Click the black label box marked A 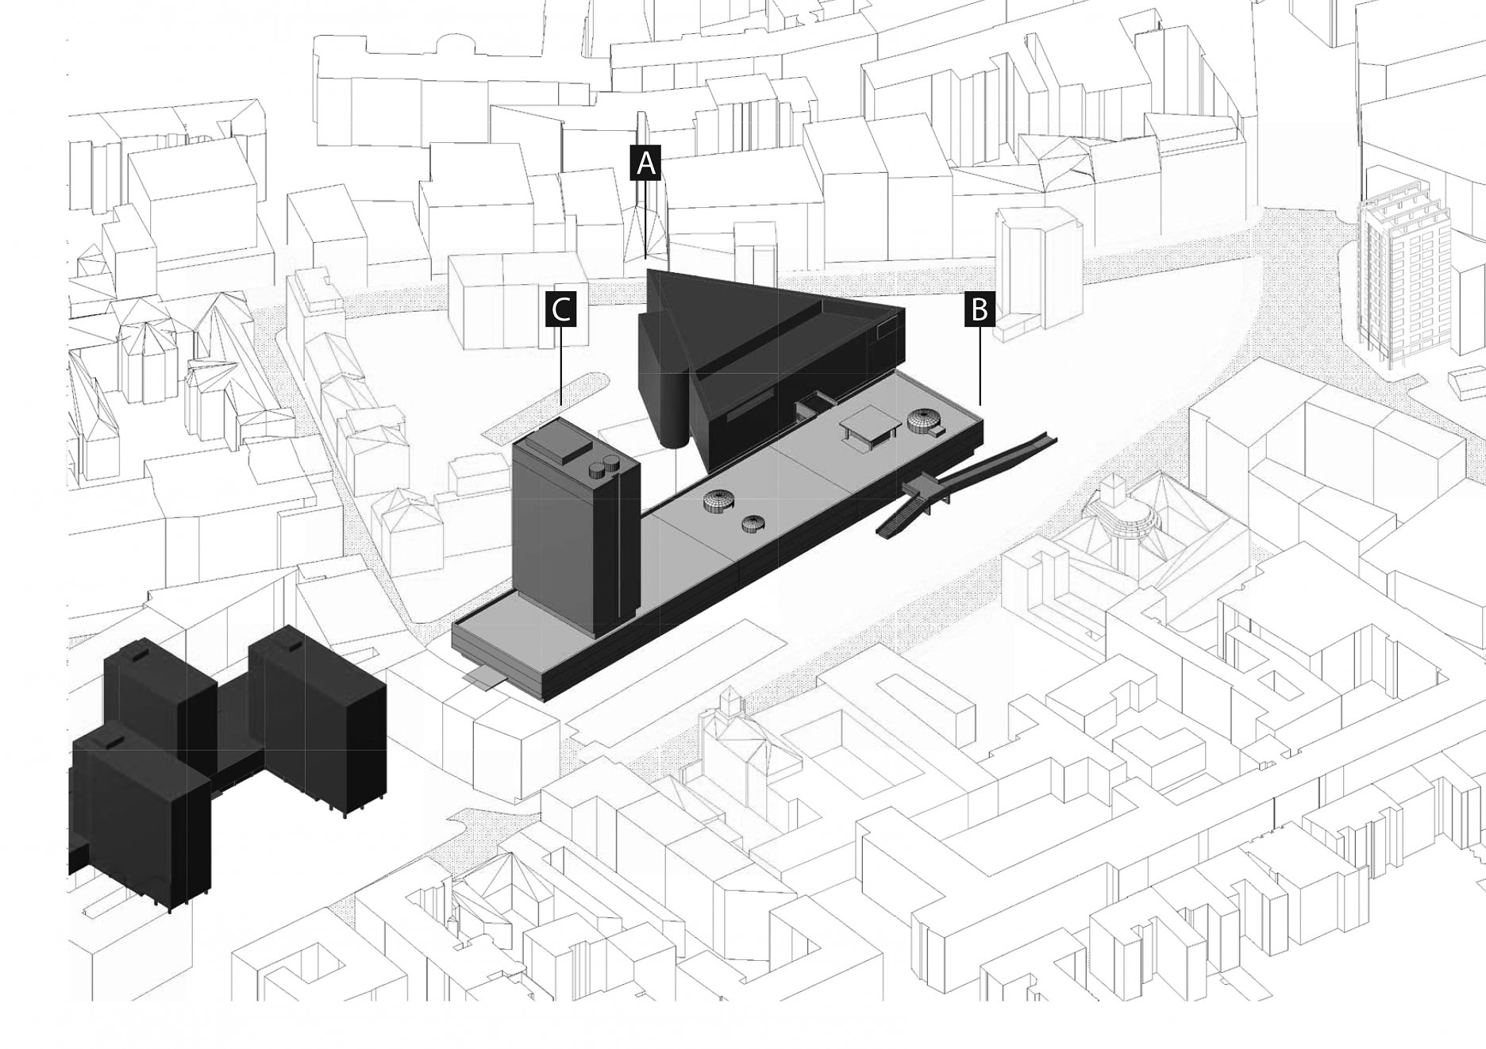(x=645, y=163)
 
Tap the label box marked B (x=980, y=309)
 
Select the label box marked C (x=561, y=309)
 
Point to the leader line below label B (x=980, y=366)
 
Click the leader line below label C (x=561, y=366)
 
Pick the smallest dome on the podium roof (x=755, y=523)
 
